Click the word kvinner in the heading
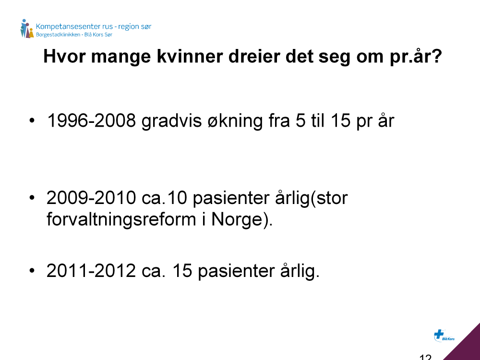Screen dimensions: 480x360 point(189,56)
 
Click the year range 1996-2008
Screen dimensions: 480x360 point(91,120)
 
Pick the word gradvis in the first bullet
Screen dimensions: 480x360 point(172,121)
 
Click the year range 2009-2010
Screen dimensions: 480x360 point(91,198)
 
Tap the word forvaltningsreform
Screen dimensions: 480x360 point(121,220)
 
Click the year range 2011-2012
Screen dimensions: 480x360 point(91,271)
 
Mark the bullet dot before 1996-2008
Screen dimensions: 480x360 point(32,120)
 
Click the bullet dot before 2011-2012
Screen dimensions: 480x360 point(32,271)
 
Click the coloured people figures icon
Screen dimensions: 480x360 point(26,28)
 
